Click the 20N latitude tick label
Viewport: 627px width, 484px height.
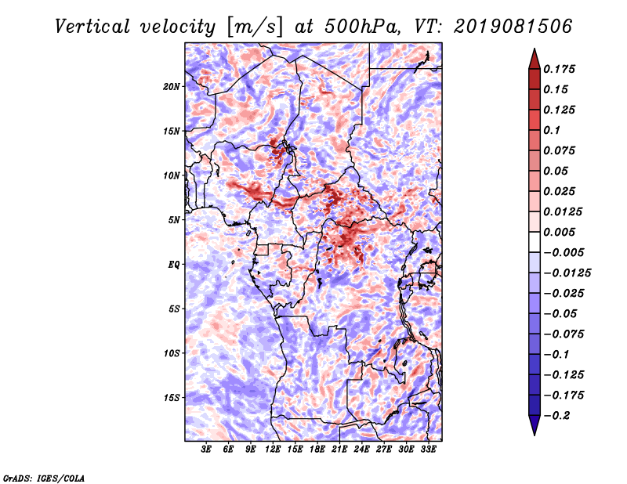pos(172,87)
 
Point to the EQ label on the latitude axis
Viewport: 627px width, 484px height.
pos(174,265)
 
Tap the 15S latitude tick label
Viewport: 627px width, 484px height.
pos(172,398)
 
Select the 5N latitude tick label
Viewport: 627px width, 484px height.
pos(174,220)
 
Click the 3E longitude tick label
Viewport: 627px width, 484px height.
pos(206,450)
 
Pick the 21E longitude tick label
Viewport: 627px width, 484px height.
pos(339,450)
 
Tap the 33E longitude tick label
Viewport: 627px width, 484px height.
pos(428,450)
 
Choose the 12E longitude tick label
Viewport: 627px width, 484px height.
pos(273,450)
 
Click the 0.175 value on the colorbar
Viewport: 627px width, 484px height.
pos(559,69)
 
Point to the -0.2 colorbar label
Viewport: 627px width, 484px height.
pos(556,416)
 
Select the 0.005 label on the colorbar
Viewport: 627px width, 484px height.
pos(559,232)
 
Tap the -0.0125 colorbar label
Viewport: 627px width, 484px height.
pos(567,273)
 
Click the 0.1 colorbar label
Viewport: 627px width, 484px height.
pos(552,130)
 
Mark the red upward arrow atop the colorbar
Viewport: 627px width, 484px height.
pos(535,59)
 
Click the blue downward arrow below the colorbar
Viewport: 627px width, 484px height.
pos(535,425)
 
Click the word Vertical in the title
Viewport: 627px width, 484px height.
pos(92,27)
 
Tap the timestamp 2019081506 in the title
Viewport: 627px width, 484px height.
pos(513,27)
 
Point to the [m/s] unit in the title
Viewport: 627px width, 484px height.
pos(254,27)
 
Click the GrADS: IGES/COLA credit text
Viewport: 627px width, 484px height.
pos(44,478)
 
